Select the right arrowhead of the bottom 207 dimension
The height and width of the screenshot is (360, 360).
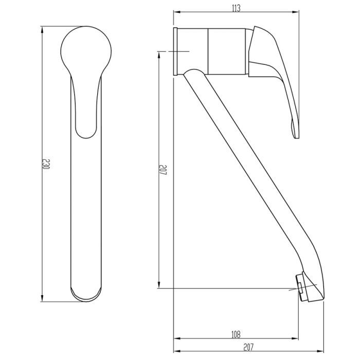324,352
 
